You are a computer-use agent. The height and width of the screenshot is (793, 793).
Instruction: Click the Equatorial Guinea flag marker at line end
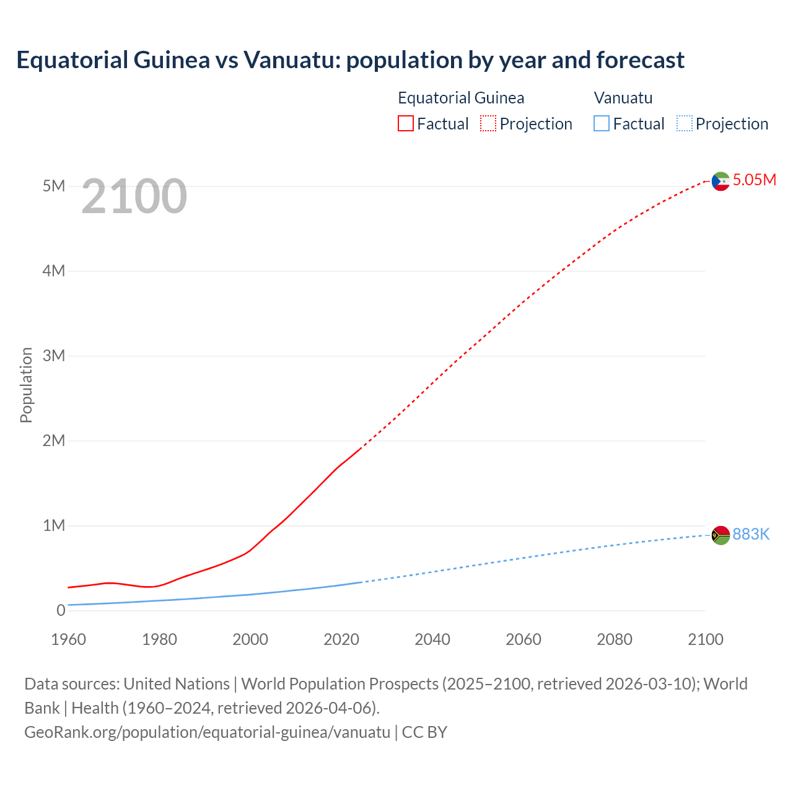[721, 181]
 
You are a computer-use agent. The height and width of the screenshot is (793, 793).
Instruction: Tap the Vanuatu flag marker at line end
[721, 535]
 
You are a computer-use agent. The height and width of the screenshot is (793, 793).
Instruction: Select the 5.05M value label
[754, 180]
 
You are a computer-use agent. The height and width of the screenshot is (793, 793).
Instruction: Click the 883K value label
[751, 534]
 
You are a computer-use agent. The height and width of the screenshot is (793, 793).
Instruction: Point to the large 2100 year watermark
[134, 196]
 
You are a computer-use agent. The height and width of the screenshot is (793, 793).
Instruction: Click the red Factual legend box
[406, 124]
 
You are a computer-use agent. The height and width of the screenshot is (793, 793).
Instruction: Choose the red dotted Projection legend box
[488, 124]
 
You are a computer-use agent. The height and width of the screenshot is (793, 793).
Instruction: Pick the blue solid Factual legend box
[602, 124]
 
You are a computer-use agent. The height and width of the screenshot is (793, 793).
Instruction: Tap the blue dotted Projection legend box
[684, 124]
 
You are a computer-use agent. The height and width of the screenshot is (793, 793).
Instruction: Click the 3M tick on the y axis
[53, 356]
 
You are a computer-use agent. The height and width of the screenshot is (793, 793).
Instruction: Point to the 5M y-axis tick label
[53, 186]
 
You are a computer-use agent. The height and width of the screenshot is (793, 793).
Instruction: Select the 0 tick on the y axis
[60, 610]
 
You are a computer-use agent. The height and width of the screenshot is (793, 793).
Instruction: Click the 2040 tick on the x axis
[432, 639]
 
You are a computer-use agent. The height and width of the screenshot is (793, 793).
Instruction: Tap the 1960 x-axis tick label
[68, 639]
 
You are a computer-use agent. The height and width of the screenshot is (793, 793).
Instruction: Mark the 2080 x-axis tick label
[615, 639]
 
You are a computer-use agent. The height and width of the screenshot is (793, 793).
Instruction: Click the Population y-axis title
[26, 385]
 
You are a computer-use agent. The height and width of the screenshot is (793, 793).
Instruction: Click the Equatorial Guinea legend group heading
[461, 98]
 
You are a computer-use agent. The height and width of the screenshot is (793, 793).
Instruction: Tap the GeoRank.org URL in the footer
[207, 732]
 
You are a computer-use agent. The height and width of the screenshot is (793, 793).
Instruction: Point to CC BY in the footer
[424, 732]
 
